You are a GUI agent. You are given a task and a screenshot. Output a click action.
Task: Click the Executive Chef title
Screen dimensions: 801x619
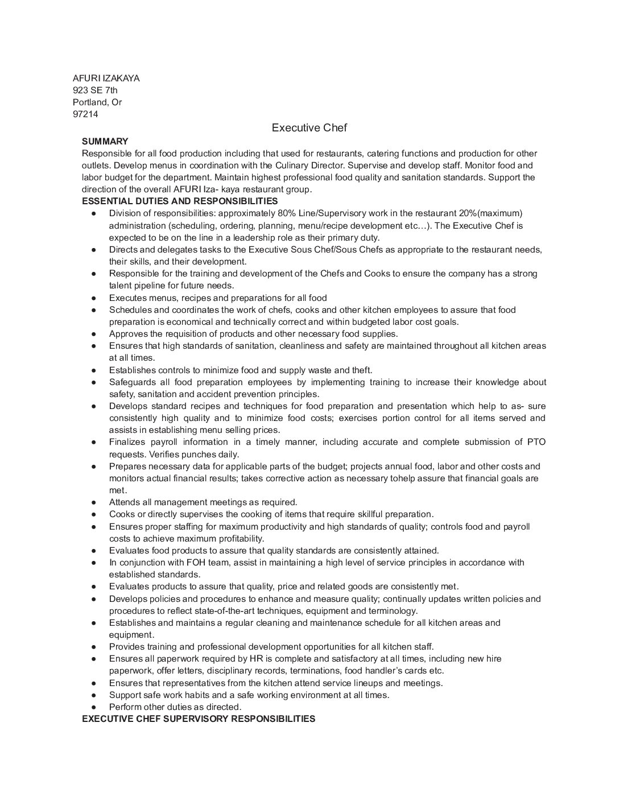pos(309,128)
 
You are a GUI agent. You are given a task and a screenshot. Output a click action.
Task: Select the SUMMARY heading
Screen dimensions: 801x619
pos(105,141)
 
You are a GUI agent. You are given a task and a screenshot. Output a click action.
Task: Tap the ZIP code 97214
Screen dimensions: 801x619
pos(85,114)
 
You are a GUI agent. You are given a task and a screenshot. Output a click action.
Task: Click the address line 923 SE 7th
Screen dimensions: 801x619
pos(95,90)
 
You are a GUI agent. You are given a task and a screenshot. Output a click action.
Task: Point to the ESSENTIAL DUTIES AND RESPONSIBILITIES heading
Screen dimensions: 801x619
pos(180,201)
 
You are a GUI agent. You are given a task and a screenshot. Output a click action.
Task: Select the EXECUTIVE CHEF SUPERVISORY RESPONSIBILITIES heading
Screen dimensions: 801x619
pos(198,719)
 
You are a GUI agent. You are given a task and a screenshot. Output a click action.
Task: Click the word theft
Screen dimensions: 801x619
pos(360,370)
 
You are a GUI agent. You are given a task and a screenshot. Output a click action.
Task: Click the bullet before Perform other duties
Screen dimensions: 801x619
pos(93,707)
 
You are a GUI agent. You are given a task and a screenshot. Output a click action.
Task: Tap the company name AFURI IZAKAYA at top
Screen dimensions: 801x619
pos(106,79)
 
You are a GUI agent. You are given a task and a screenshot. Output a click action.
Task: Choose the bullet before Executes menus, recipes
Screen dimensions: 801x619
pos(93,298)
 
